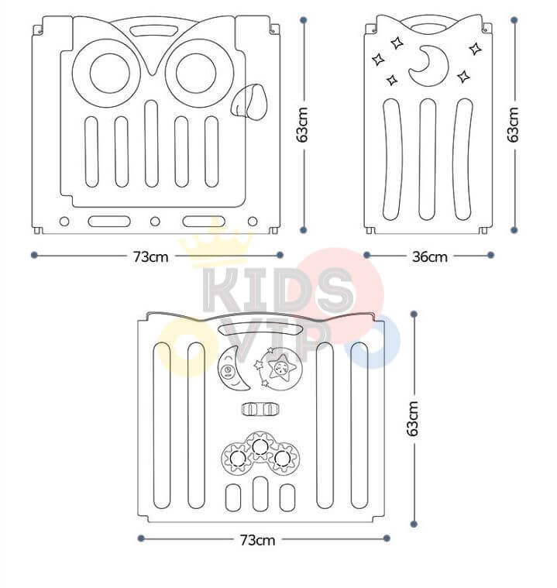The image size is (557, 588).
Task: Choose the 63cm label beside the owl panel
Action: [x=303, y=124]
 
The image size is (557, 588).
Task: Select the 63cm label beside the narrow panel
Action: [x=513, y=124]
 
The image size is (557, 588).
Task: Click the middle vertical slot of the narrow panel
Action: [x=428, y=159]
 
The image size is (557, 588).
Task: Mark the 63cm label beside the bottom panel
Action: [x=414, y=418]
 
